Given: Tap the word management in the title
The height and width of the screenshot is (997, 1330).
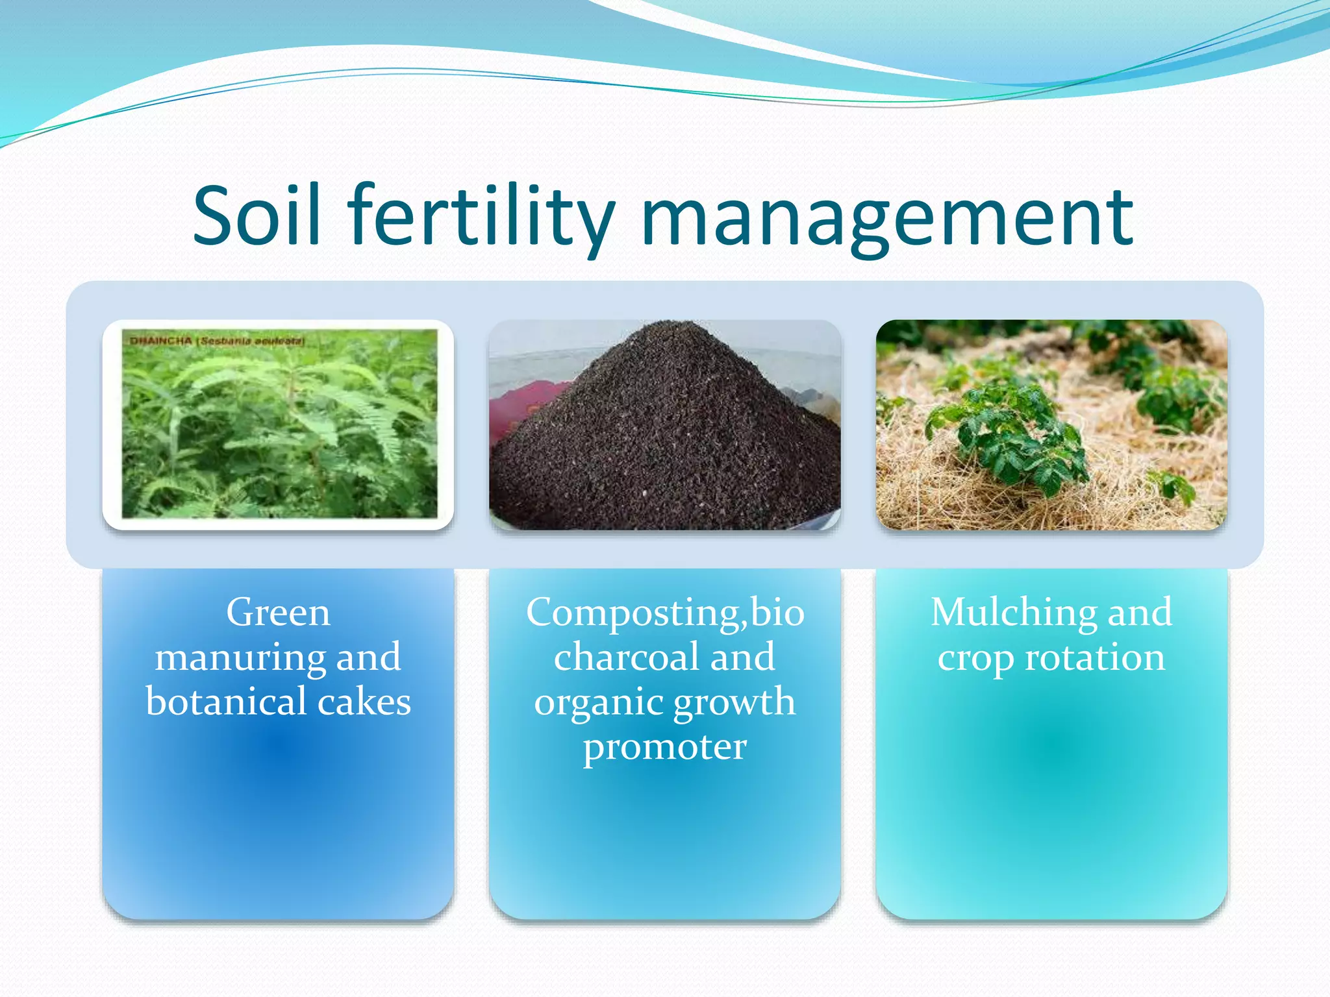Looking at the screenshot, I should [x=886, y=217].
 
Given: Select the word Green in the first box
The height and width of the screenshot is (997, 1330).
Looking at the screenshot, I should [x=278, y=612].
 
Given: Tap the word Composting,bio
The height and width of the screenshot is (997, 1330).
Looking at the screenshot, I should [x=665, y=612].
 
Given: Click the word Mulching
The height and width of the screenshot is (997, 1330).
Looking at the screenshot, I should [x=1012, y=613].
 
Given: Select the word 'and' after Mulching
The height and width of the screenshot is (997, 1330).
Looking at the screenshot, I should [x=1140, y=612].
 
